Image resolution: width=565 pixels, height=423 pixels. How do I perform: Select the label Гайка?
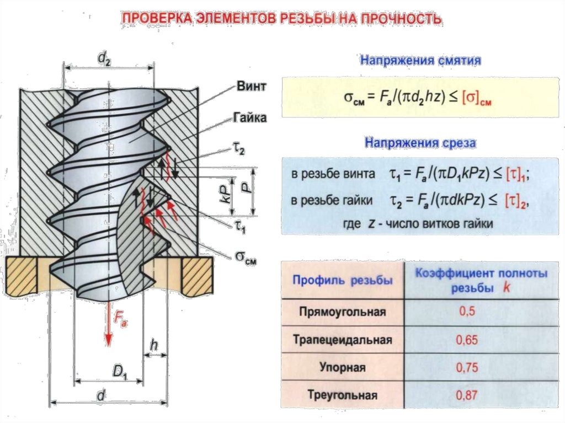click(250, 118)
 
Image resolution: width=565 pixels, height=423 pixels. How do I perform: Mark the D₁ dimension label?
click(120, 373)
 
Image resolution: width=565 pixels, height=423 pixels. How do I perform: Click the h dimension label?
click(154, 346)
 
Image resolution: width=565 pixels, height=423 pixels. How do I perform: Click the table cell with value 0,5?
click(467, 312)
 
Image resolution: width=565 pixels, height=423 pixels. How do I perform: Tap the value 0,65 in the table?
click(467, 340)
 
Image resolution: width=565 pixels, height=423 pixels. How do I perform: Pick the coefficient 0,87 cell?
click(467, 395)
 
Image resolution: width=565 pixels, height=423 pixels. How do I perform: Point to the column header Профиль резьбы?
click(342, 280)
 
